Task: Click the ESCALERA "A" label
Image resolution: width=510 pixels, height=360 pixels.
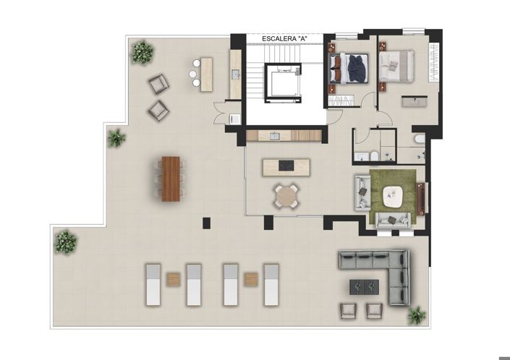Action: tap(283, 38)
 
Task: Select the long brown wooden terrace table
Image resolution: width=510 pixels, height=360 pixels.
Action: tap(171, 179)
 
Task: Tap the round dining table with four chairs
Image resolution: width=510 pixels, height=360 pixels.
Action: tap(286, 196)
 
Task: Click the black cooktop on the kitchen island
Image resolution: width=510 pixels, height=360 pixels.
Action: tap(286, 166)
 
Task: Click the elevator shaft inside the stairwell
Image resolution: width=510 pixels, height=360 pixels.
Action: tap(281, 81)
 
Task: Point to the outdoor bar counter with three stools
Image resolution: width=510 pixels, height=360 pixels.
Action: tap(206, 74)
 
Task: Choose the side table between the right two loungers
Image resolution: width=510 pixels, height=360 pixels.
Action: tap(251, 279)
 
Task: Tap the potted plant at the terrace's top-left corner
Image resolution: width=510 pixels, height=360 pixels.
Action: tap(142, 52)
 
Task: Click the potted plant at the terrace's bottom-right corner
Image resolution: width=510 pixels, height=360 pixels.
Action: tap(417, 315)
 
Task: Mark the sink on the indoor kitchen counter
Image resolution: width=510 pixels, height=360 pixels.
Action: tap(275, 135)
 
